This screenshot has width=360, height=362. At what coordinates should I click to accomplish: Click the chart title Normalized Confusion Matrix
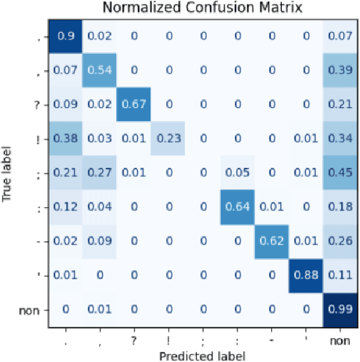(x=202, y=8)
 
